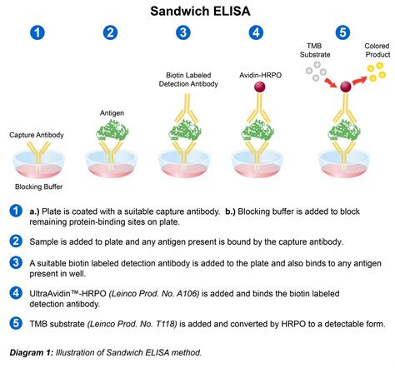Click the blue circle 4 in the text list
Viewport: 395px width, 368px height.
(14, 293)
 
